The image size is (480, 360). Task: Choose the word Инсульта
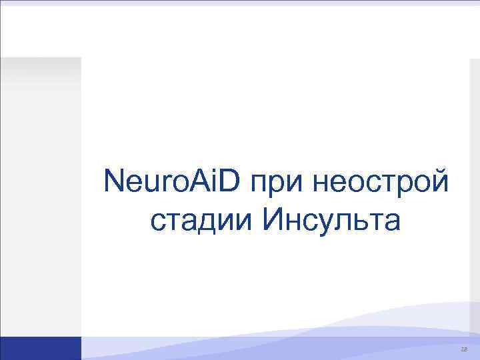[x=333, y=220]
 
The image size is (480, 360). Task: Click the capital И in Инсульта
[x=275, y=219]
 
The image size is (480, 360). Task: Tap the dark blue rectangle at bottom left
[x=40, y=348]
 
